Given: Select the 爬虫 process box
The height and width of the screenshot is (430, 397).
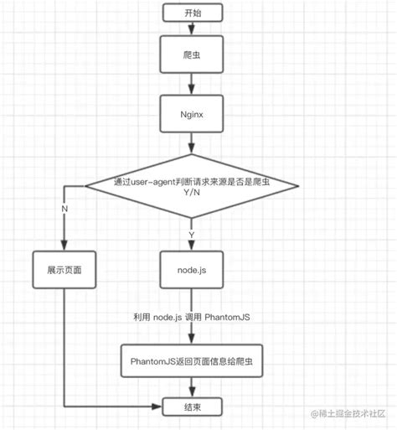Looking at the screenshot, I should click(x=193, y=52).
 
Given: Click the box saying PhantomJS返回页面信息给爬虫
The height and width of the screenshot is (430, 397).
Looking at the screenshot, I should click(x=193, y=360).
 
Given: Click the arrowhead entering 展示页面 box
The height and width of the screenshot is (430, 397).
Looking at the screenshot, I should click(x=64, y=245).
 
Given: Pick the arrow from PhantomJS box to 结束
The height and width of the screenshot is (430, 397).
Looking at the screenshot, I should click(x=193, y=388).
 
